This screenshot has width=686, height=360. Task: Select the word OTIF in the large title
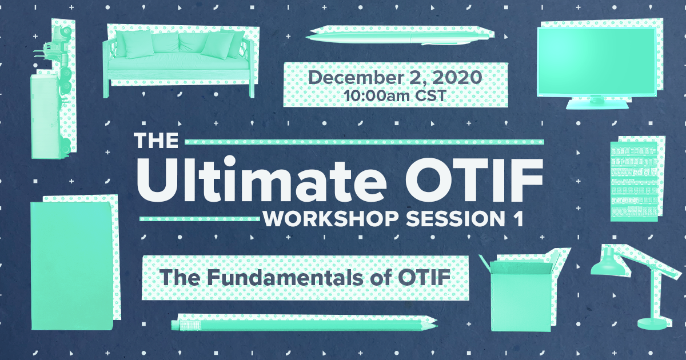click(473, 179)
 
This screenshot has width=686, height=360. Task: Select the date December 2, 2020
click(394, 78)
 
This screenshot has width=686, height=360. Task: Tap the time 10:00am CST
click(394, 95)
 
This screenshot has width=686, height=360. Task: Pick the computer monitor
click(597, 63)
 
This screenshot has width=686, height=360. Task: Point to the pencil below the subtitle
click(303, 325)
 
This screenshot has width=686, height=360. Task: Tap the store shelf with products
click(633, 180)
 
